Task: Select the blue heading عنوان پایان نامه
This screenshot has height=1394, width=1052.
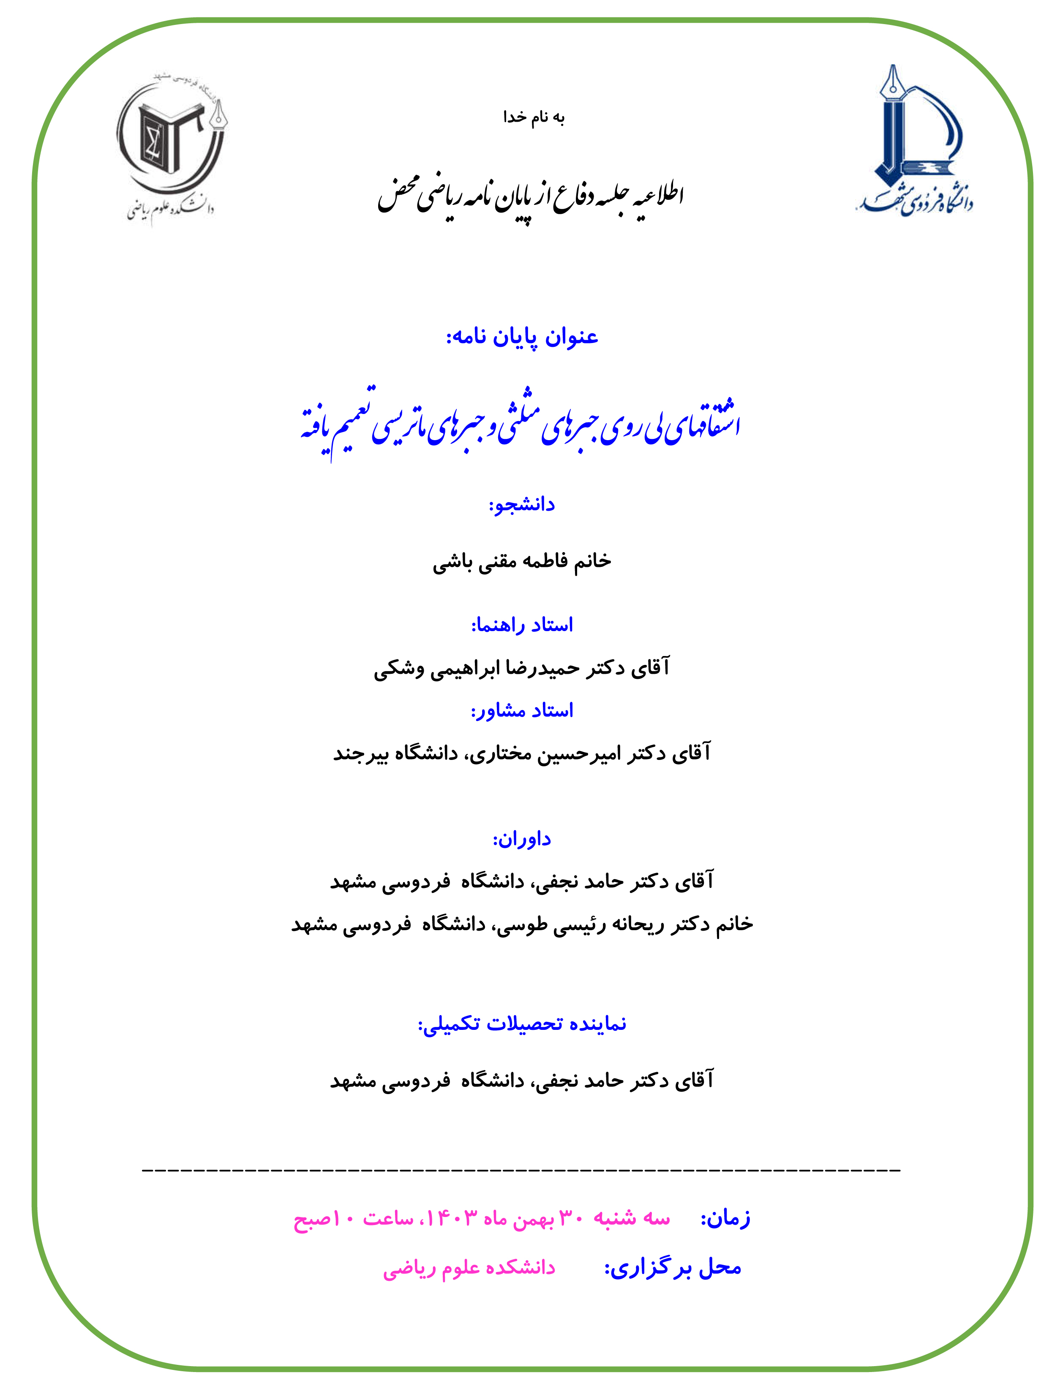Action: tap(522, 337)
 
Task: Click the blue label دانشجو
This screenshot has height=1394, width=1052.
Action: tap(522, 505)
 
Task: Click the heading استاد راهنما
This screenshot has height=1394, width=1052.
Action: tap(522, 625)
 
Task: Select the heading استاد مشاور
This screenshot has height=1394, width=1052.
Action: tap(522, 711)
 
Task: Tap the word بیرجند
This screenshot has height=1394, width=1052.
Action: tap(359, 753)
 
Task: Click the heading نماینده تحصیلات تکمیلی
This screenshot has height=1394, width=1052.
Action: tap(522, 1024)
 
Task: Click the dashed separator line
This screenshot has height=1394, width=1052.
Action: tap(522, 1170)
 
